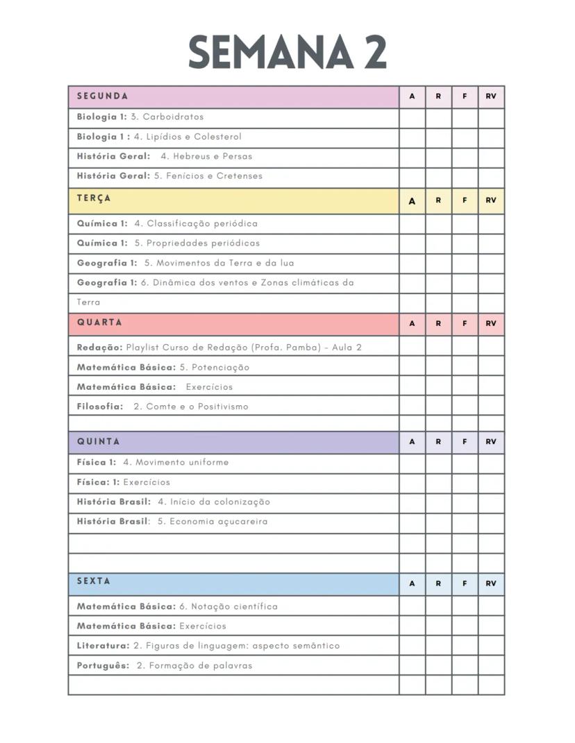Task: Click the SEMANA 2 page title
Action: point(287,53)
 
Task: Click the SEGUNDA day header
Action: point(103,96)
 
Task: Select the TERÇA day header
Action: point(94,198)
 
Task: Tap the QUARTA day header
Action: point(99,323)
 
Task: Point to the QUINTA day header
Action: point(99,441)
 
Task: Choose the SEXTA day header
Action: point(94,581)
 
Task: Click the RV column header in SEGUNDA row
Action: point(491,97)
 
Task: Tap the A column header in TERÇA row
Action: point(412,201)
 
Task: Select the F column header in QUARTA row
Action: point(465,324)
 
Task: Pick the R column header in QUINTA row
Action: point(438,442)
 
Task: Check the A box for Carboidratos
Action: point(412,117)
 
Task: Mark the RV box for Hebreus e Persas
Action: point(491,157)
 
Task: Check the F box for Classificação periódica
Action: point(465,224)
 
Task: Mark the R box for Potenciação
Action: point(438,367)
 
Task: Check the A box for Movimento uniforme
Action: point(412,463)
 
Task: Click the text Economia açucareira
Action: point(218,522)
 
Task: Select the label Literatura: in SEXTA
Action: point(103,646)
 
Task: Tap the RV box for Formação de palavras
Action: point(491,665)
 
